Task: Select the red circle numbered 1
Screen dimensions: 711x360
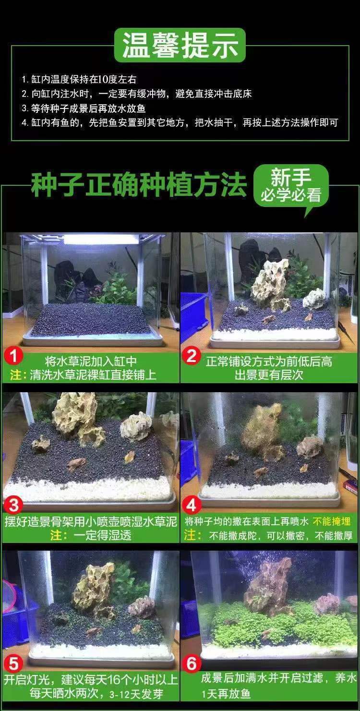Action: click(x=13, y=356)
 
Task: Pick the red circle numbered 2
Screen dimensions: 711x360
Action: click(x=192, y=356)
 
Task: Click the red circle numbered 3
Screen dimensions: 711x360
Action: click(x=13, y=505)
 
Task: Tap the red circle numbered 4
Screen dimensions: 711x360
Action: click(x=192, y=505)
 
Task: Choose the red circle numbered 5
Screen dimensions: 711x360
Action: click(x=13, y=664)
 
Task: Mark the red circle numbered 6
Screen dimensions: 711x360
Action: click(x=192, y=664)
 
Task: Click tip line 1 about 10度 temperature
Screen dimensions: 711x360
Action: click(x=79, y=80)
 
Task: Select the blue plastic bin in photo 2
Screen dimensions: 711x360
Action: click(x=193, y=314)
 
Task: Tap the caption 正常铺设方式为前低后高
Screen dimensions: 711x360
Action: click(x=269, y=361)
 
